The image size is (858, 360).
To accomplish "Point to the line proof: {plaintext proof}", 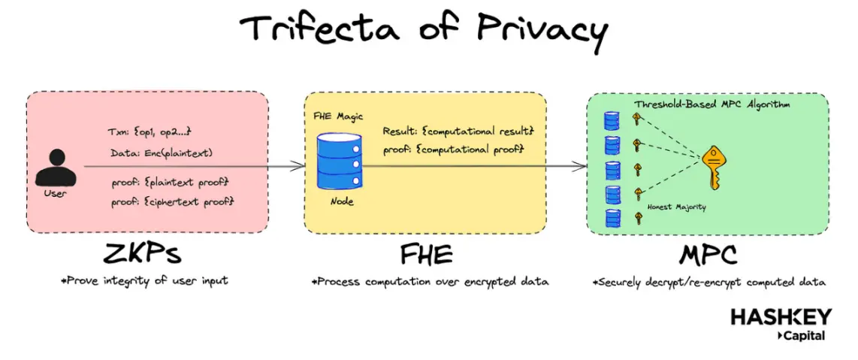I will tap(168, 183).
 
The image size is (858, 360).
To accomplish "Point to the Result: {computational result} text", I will tap(458, 131).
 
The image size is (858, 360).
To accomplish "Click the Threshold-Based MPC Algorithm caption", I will tap(711, 104).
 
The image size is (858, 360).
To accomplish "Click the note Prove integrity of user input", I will tap(145, 281).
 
